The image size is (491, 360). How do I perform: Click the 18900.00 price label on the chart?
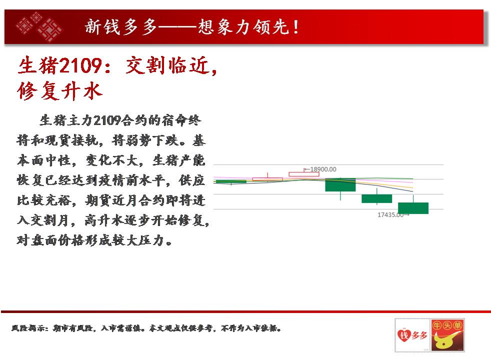pyautogui.click(x=323, y=169)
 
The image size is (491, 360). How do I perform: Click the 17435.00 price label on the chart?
pyautogui.click(x=390, y=214)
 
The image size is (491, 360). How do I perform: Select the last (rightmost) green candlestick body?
pyautogui.click(x=413, y=208)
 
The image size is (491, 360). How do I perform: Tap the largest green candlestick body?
pyautogui.click(x=340, y=184)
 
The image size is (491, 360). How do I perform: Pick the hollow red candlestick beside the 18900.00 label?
pyautogui.click(x=304, y=174)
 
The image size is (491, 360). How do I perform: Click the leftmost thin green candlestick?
pyautogui.click(x=231, y=181)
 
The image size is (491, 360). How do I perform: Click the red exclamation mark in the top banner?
pyautogui.click(x=296, y=27)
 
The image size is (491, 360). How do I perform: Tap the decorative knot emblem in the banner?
pyautogui.click(x=39, y=27)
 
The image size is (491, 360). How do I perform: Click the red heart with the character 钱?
pyautogui.click(x=403, y=335)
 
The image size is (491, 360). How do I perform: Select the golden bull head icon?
pyautogui.click(x=447, y=340)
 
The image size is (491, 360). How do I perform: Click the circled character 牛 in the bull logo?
pyautogui.click(x=437, y=325)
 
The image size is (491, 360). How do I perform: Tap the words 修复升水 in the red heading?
pyautogui.click(x=60, y=91)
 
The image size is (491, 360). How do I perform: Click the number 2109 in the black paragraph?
pyautogui.click(x=107, y=120)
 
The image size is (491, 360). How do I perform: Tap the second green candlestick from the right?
pyautogui.click(x=376, y=198)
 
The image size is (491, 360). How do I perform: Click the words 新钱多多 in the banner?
pyautogui.click(x=121, y=27)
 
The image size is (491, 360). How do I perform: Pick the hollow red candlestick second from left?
pyautogui.click(x=267, y=179)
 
